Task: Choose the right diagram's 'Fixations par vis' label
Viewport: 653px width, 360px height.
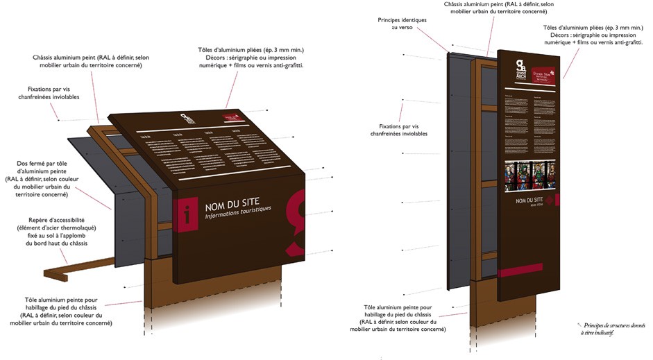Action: pyautogui.click(x=403, y=130)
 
